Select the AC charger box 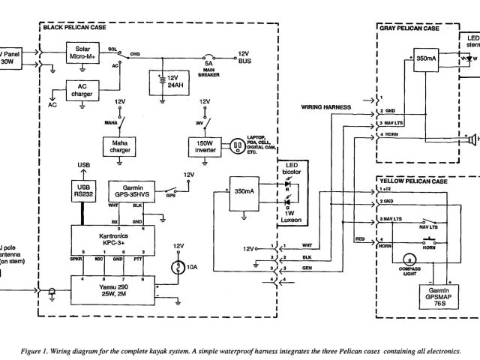coord(85,93)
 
